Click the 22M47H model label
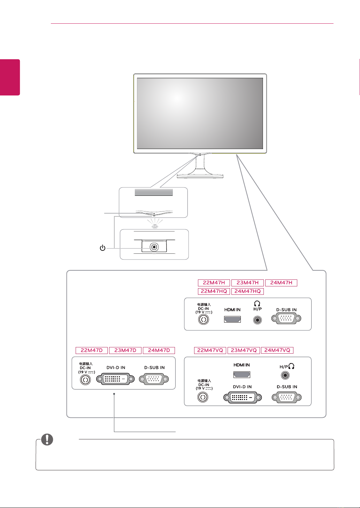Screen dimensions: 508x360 (214, 283)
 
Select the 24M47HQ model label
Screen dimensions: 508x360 (247, 291)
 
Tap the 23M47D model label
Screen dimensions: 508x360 (125, 350)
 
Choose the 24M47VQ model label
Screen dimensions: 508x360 (277, 350)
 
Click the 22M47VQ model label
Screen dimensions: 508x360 (210, 350)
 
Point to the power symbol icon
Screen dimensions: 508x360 (102, 248)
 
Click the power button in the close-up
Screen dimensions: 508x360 (154, 247)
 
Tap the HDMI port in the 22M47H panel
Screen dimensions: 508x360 (232, 319)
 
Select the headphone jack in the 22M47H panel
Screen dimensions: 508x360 (258, 320)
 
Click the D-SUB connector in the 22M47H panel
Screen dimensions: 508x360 (286, 318)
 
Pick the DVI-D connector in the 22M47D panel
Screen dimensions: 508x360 (115, 379)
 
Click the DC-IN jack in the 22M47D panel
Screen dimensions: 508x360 (85, 379)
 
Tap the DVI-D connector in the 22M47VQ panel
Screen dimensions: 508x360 (243, 397)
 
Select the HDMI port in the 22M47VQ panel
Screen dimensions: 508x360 (242, 375)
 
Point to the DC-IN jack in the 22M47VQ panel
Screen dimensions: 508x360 (203, 397)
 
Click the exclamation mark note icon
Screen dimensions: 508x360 (47, 440)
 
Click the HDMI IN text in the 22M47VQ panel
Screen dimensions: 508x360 (242, 365)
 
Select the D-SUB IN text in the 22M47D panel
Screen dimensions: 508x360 (154, 368)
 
